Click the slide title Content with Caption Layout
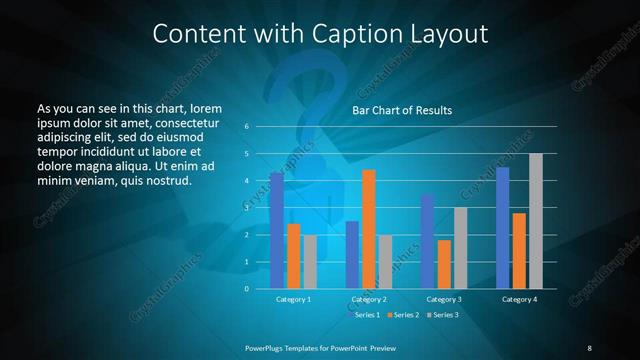(320, 33)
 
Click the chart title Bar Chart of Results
(402, 110)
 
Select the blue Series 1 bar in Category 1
(277, 231)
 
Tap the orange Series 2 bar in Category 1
(293, 256)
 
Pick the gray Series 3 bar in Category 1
(310, 262)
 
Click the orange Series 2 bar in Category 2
(369, 229)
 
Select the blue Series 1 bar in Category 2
(352, 255)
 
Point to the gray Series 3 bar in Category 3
(460, 248)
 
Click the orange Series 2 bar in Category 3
(444, 264)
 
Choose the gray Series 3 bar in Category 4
(536, 221)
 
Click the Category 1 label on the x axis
(293, 299)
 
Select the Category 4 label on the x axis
(519, 299)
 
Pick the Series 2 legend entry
(402, 315)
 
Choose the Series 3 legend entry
(443, 315)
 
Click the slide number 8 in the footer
(589, 347)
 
